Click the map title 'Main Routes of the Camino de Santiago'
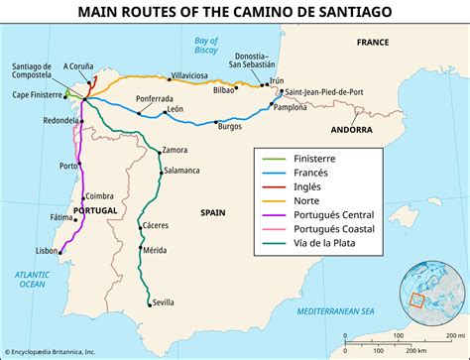click(235, 12)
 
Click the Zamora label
click(174, 150)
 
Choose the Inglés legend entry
click(312, 190)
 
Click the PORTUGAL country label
click(95, 211)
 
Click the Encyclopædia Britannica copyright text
click(57, 352)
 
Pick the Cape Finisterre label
click(33, 96)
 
